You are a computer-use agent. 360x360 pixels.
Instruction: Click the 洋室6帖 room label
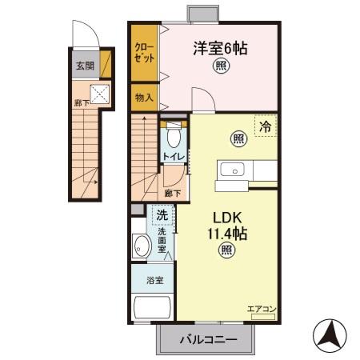coord(221,48)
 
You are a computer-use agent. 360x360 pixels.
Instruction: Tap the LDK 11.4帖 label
coord(227,226)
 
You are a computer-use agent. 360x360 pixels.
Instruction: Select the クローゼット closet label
coord(144,53)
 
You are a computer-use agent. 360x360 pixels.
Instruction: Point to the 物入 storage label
coord(144,98)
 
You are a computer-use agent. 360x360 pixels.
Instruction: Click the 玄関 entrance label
coord(85,66)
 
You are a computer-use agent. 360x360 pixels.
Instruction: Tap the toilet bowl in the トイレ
coord(174,136)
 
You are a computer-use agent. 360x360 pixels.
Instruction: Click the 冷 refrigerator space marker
coord(266,126)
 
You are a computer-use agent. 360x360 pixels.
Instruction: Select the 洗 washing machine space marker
coord(162,215)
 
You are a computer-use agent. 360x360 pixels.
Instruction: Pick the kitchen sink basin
coord(232,170)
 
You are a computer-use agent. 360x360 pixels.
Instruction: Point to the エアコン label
coord(262,310)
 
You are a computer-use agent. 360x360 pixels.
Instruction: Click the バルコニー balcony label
coord(209,339)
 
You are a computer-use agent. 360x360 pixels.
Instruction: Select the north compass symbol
coord(330,336)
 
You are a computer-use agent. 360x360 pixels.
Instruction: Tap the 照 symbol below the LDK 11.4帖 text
coord(227,250)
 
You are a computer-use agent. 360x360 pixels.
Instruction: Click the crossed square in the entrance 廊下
coord(100,94)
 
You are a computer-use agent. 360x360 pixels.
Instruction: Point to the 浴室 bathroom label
coord(155,280)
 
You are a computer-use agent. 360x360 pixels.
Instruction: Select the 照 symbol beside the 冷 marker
coord(239,138)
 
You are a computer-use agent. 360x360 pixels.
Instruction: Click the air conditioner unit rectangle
coord(263,317)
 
